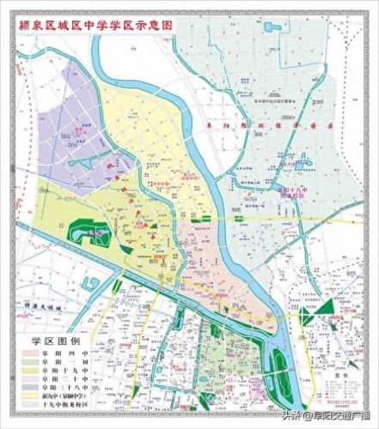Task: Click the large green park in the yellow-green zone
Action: (89, 230)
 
